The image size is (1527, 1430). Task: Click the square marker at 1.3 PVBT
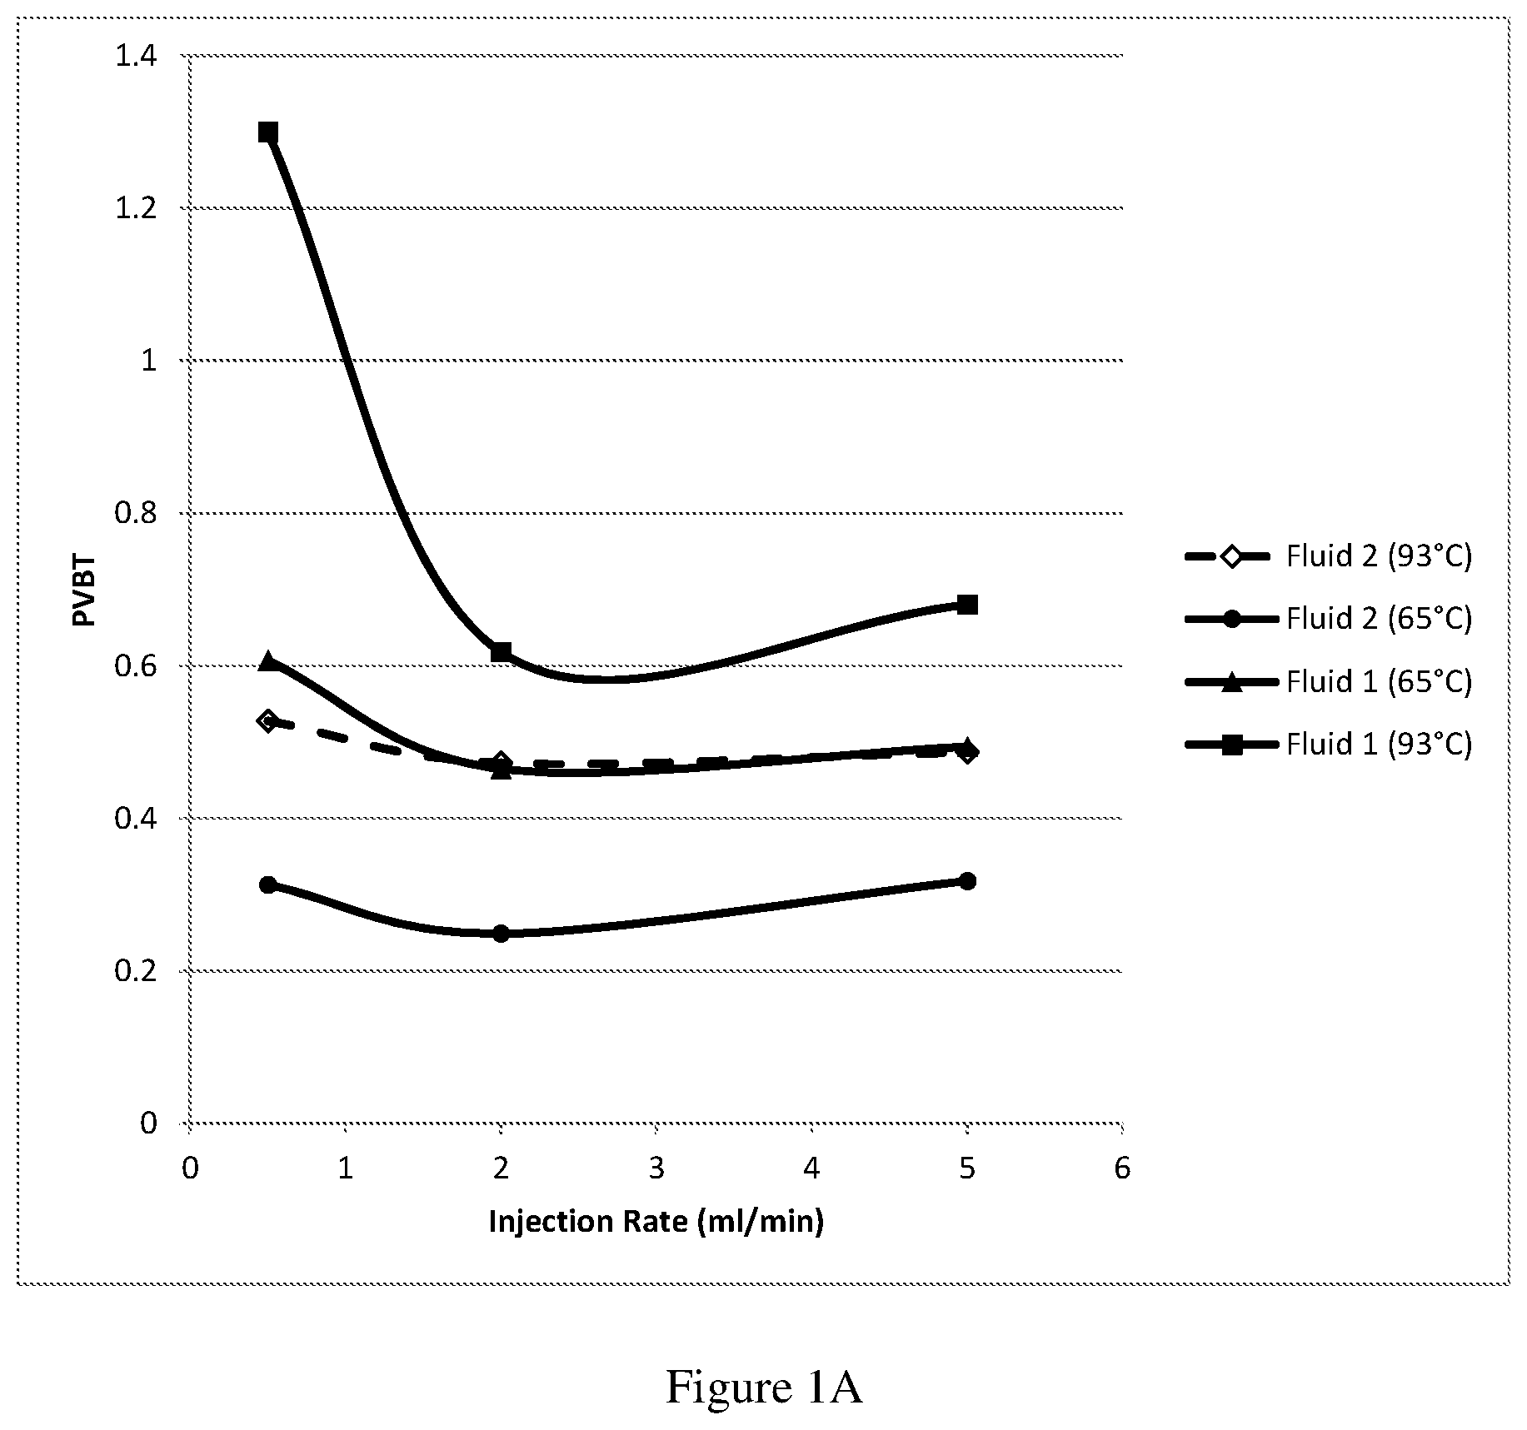[x=267, y=132]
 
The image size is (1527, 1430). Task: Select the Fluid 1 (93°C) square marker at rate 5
[x=967, y=605]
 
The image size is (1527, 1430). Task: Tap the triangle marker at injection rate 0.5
[x=267, y=661]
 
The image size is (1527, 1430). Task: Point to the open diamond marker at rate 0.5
[x=267, y=721]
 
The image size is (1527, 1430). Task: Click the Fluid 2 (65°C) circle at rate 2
[x=501, y=934]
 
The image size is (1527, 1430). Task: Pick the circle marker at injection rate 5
[x=967, y=881]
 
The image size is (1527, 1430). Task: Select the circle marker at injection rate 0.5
[x=267, y=884]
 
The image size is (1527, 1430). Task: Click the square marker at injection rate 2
[x=501, y=652]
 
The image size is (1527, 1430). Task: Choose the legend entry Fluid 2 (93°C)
[x=1330, y=556]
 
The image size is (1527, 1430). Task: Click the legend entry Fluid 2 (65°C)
[x=1330, y=618]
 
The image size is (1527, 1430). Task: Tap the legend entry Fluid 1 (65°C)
[x=1330, y=681]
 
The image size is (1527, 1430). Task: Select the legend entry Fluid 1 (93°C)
[x=1330, y=744]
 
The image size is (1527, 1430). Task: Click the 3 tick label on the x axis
[x=656, y=1169]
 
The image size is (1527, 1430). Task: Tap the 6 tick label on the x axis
[x=1122, y=1169]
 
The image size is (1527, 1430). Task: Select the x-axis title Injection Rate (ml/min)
[x=656, y=1222]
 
